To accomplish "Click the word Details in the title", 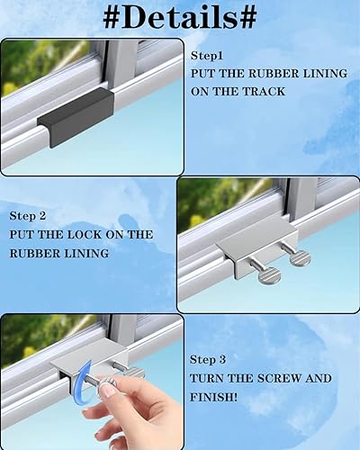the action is point(180,17).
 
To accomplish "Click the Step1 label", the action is point(207,56).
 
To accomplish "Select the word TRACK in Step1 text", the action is point(264,92).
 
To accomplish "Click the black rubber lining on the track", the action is point(76,117).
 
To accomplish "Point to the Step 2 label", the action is point(28,216).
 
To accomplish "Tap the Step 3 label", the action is point(208,360).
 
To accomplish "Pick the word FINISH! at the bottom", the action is point(213,397).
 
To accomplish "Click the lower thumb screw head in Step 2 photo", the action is point(269,274).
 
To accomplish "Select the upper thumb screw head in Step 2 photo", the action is point(300,259).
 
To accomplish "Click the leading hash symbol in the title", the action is point(112,17).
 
